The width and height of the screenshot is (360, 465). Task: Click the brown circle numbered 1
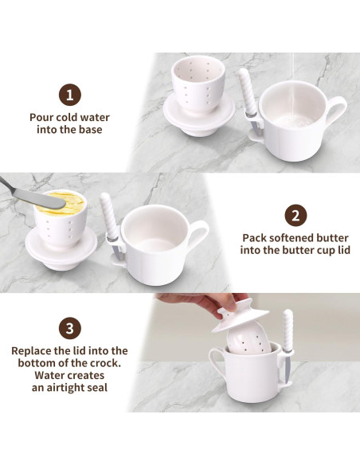click(x=69, y=96)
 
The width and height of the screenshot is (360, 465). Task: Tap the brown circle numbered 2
click(x=295, y=216)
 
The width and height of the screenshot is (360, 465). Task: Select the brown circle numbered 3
click(x=69, y=329)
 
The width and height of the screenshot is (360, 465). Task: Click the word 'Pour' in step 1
click(x=41, y=117)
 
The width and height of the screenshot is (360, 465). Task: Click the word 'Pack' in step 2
click(x=254, y=238)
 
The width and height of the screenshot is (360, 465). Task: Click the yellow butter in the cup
click(x=65, y=204)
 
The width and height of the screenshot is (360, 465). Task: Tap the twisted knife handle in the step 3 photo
click(x=288, y=329)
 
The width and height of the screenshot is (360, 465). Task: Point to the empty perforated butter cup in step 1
click(x=198, y=86)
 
